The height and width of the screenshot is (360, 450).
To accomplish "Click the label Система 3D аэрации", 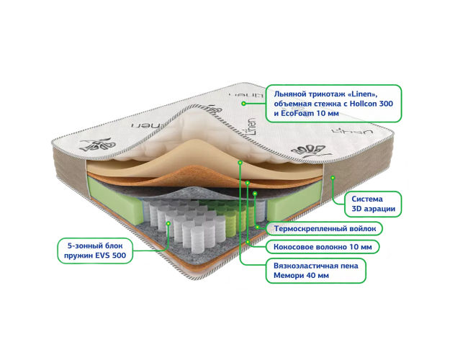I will [x=372, y=204].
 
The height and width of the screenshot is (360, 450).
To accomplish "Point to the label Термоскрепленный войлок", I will [x=321, y=228].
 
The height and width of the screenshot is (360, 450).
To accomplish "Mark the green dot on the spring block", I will [x=168, y=224].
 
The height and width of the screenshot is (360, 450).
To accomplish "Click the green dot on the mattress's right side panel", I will [x=333, y=175].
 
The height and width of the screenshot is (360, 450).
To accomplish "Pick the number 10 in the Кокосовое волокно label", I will [x=346, y=247].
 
